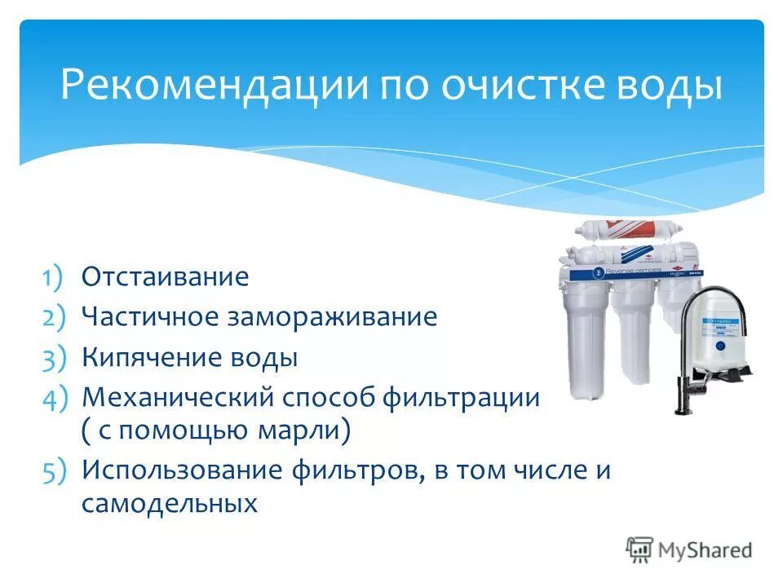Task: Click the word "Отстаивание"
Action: tap(165, 276)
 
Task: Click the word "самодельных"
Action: tap(169, 503)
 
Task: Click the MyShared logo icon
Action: tap(640, 549)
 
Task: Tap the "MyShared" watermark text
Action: tap(706, 550)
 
